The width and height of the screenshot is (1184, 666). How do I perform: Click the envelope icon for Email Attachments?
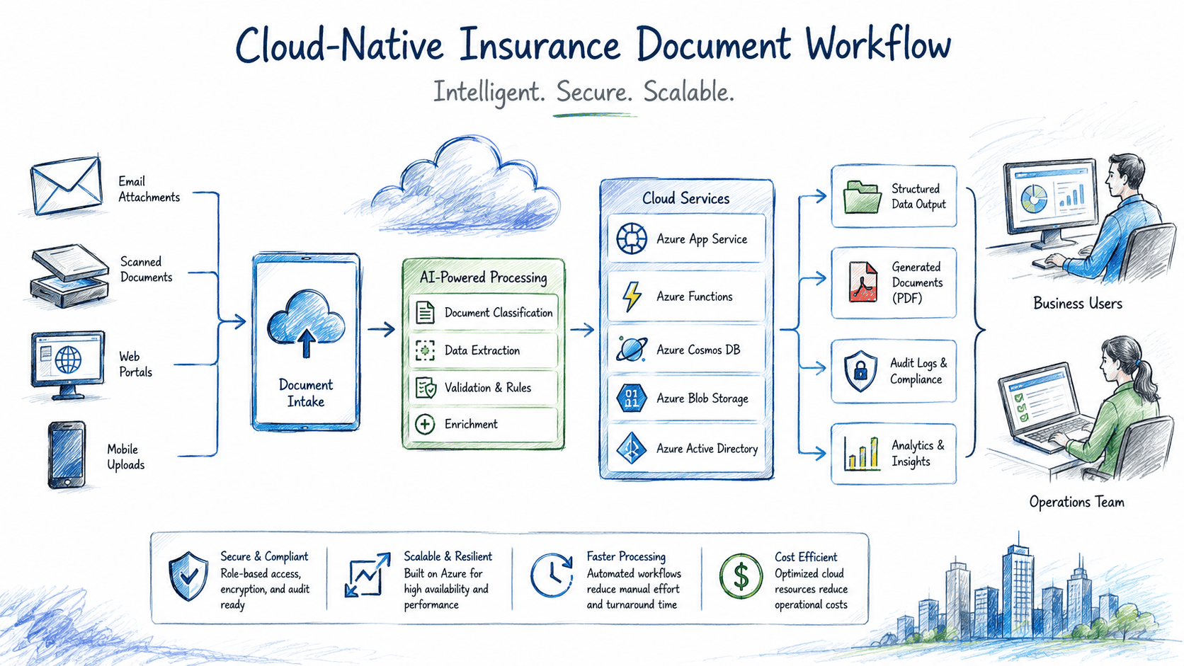click(67, 185)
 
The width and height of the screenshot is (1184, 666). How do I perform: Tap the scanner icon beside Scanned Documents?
click(70, 275)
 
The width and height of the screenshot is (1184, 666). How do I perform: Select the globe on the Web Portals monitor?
click(69, 360)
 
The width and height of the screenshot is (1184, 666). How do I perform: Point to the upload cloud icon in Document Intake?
click(305, 323)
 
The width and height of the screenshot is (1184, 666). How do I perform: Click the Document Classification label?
click(499, 313)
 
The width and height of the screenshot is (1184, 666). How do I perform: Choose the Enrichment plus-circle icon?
click(425, 424)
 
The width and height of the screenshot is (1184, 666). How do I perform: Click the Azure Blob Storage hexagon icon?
click(632, 398)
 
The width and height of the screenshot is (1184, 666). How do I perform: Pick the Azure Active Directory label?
click(707, 449)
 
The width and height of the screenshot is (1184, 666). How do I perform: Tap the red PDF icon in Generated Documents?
click(863, 282)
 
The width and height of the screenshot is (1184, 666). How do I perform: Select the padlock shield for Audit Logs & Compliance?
click(860, 371)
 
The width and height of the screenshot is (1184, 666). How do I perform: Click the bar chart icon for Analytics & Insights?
click(862, 453)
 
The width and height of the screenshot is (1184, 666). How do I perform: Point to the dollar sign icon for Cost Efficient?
click(741, 576)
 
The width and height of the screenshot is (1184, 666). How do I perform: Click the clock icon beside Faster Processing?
click(552, 575)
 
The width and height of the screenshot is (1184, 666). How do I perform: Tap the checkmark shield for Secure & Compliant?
click(188, 576)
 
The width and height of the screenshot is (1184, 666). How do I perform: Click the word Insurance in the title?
click(540, 45)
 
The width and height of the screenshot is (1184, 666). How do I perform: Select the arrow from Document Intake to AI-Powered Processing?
click(382, 329)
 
